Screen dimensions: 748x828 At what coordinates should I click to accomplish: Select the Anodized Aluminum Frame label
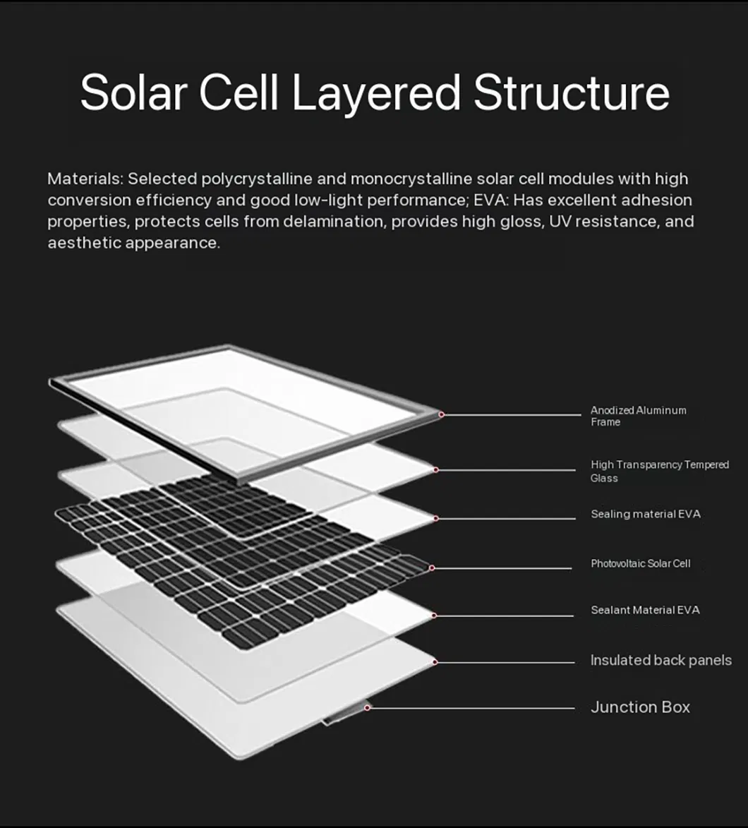pos(638,416)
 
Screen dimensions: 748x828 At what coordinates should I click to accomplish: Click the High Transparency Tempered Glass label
pos(659,471)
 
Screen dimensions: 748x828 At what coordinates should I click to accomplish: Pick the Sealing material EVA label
pos(645,514)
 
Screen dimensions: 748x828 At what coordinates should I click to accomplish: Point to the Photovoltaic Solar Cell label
pos(640,563)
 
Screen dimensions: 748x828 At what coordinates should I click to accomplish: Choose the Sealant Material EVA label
pos(645,610)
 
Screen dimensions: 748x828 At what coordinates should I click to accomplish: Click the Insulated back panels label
pos(661,660)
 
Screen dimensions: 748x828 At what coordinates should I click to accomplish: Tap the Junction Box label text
pos(640,707)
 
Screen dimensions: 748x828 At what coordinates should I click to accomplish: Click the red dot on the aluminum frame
pos(441,414)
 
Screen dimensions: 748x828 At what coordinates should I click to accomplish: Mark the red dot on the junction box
pos(367,707)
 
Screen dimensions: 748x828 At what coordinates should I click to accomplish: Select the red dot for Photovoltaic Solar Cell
pos(432,568)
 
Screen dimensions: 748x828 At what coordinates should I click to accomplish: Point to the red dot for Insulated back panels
pos(435,662)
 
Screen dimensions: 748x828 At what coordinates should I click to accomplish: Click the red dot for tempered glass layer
pos(436,470)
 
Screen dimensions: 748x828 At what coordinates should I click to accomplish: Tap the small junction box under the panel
pos(346,713)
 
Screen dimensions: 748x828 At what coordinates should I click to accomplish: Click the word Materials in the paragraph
pos(85,179)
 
